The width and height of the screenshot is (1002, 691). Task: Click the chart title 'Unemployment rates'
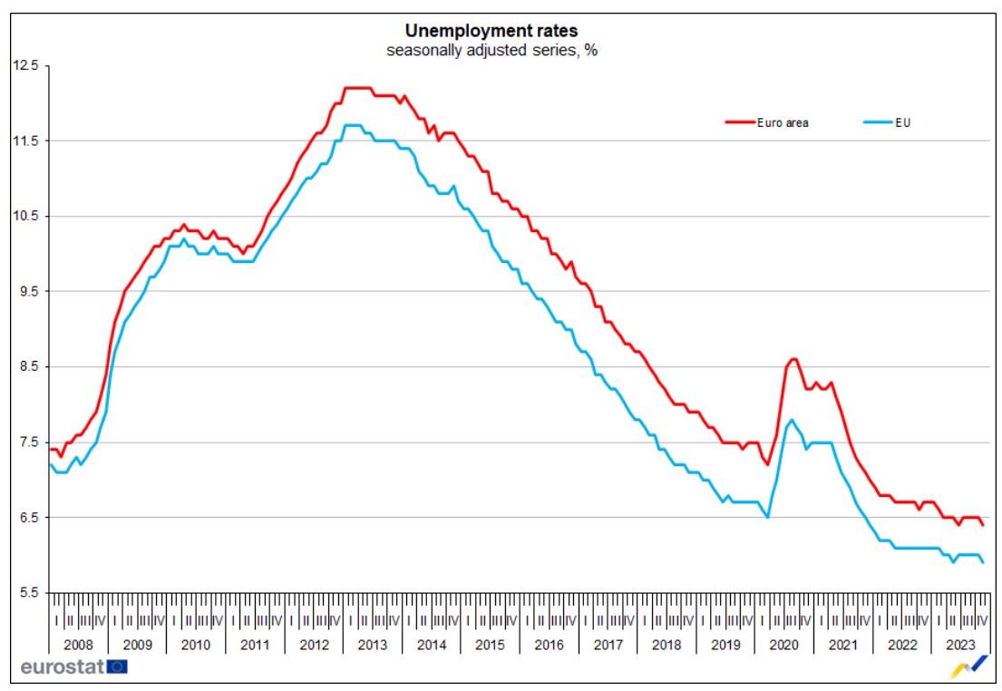click(x=491, y=31)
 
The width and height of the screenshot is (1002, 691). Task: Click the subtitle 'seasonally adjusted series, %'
click(x=491, y=51)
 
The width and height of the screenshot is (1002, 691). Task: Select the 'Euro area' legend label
click(x=783, y=122)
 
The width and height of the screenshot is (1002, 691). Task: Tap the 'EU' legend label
click(x=902, y=122)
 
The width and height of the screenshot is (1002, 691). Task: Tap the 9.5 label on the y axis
click(x=27, y=291)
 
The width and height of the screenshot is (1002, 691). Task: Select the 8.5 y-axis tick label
click(x=27, y=366)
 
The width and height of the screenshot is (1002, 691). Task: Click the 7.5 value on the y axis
click(x=27, y=442)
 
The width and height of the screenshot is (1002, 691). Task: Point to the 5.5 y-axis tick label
click(x=27, y=593)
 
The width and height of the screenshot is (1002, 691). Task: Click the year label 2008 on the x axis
click(x=78, y=645)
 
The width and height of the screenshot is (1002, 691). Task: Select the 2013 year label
click(x=372, y=645)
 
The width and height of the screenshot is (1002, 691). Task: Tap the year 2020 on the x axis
click(x=783, y=645)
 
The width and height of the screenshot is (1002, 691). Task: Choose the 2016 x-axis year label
click(x=549, y=645)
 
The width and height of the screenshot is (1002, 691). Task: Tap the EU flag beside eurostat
click(x=117, y=667)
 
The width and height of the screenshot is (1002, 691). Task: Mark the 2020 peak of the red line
click(x=793, y=359)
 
